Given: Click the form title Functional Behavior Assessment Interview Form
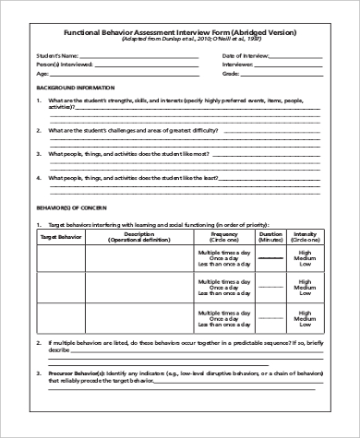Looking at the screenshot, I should pos(179,31).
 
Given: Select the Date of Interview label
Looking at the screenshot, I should pos(242,55).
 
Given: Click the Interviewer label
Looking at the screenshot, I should pos(237,65).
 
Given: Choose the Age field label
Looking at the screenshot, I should pos(41,74).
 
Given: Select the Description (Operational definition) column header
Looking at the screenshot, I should pos(138,237).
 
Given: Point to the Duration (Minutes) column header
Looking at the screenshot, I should pos(270,237).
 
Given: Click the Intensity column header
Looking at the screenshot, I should pos(305,237).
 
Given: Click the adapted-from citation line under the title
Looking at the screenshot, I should pos(179,40).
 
